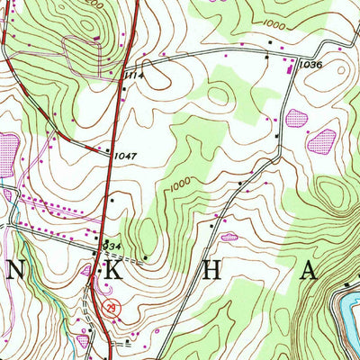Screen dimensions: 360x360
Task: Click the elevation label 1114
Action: pos(136,76)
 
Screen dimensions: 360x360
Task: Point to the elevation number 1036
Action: pos(310,65)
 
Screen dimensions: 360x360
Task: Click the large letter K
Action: pos(92,274)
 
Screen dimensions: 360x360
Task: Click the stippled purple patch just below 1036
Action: pos(297,116)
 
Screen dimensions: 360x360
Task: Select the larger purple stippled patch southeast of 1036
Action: pos(321,139)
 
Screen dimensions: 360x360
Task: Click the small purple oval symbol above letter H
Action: pos(229,237)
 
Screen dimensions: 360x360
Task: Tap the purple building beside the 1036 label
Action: pos(289,66)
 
